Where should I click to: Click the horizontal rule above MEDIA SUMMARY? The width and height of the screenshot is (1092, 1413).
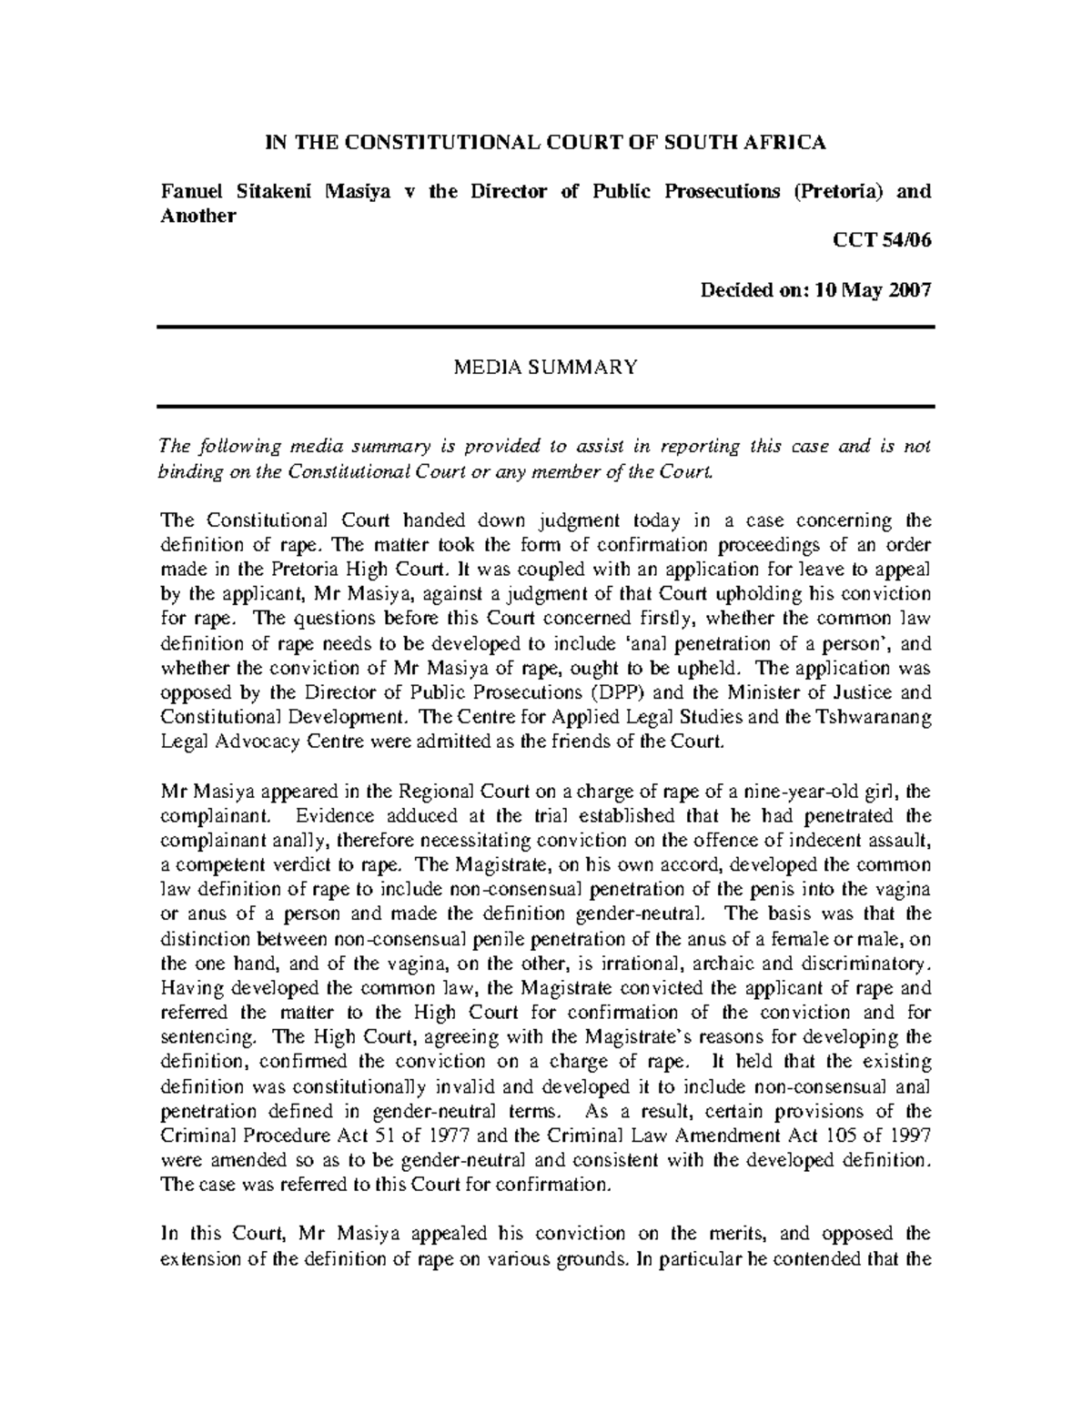(546, 327)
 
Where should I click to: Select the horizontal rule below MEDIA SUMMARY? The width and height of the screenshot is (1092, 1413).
(546, 406)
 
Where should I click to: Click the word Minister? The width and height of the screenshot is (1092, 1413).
(753, 691)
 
